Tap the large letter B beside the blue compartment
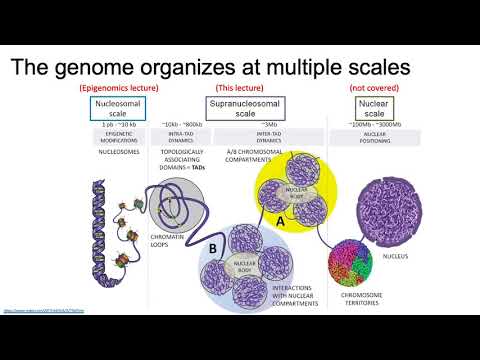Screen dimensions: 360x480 coord(214,247)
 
